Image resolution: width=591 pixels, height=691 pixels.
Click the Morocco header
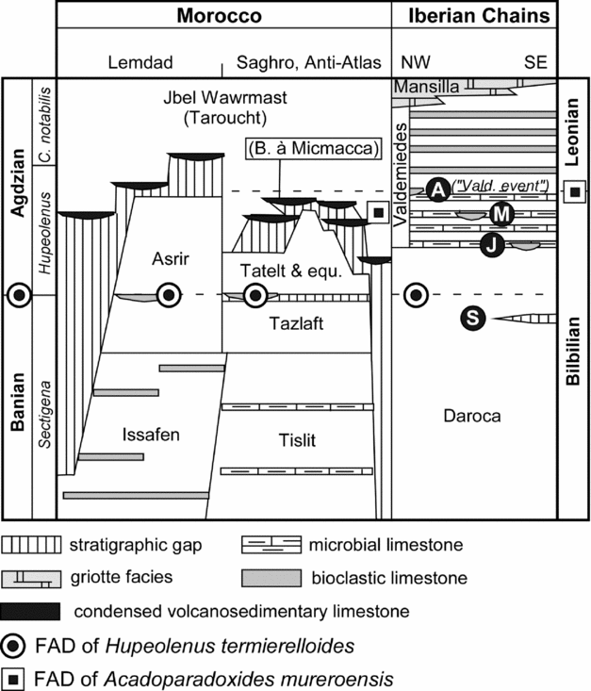pyautogui.click(x=219, y=16)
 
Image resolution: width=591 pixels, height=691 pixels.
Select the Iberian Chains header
pyautogui.click(x=479, y=16)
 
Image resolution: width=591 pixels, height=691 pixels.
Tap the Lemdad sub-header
pyautogui.click(x=140, y=62)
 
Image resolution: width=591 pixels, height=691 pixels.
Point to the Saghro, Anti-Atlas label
pyautogui.click(x=308, y=62)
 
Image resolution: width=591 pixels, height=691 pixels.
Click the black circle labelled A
pyautogui.click(x=437, y=189)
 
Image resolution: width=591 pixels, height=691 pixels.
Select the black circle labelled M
pyautogui.click(x=501, y=215)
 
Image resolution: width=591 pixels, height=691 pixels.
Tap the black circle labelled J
pyautogui.click(x=492, y=244)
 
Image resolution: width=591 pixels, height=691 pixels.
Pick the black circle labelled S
pyautogui.click(x=472, y=318)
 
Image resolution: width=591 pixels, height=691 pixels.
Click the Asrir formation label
pyautogui.click(x=171, y=258)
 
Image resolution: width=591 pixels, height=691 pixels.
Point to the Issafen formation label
pyautogui.click(x=151, y=435)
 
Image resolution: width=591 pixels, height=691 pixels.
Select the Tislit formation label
pyautogui.click(x=297, y=440)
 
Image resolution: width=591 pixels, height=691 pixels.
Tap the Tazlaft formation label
pyautogui.click(x=296, y=323)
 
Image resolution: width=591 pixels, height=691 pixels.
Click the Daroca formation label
pyautogui.click(x=472, y=416)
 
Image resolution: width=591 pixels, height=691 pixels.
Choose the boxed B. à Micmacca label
pyautogui.click(x=313, y=149)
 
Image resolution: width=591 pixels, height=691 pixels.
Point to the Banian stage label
pyautogui.click(x=18, y=402)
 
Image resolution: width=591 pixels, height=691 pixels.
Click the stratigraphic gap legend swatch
pyautogui.click(x=31, y=545)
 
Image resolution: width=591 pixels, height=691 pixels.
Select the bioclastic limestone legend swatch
pyautogui.click(x=271, y=578)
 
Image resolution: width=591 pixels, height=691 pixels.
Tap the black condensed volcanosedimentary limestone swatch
pyautogui.click(x=30, y=611)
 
